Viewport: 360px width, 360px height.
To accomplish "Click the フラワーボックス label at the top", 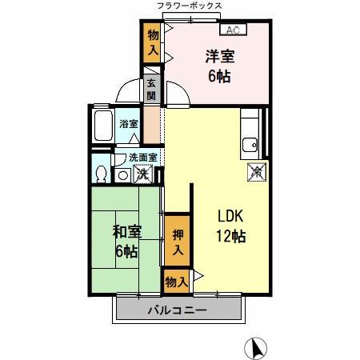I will click(190, 6).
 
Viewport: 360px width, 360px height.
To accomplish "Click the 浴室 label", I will click(128, 124).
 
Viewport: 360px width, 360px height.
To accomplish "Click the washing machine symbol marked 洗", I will click(144, 173).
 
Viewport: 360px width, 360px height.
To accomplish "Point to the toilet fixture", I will click(100, 173).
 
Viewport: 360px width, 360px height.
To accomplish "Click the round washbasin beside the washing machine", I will click(123, 174).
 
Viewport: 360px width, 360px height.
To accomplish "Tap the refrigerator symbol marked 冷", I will click(255, 170).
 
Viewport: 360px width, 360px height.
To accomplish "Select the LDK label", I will click(229, 217).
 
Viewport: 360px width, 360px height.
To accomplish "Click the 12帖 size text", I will click(229, 237).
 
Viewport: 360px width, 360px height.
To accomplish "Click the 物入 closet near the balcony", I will click(178, 282).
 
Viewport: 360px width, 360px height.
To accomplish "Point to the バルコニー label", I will click(178, 310).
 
